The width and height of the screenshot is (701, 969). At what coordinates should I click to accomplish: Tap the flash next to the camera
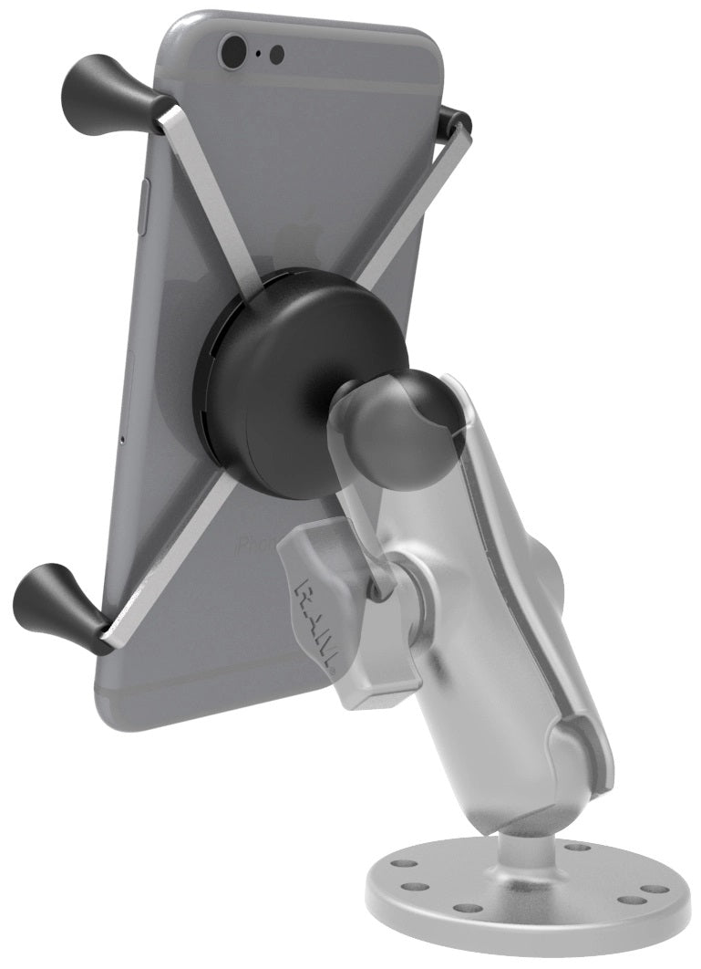(x=277, y=54)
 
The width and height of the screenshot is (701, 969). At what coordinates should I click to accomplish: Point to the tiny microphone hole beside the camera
(x=259, y=53)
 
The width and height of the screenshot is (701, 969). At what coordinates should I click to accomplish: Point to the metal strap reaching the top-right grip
(x=410, y=201)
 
